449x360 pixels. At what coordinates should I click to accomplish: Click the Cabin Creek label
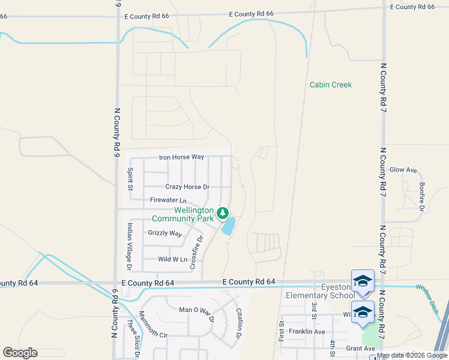pos(330,85)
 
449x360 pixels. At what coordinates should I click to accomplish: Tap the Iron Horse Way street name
pos(181,157)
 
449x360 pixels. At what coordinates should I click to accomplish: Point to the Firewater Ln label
pos(168,200)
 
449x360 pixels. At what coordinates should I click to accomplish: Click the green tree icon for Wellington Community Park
pos(223,212)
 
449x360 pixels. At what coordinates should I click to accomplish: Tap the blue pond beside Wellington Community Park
pos(228,226)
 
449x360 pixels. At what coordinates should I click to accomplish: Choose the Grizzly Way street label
pos(164,233)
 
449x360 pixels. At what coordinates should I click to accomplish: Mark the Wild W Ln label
pos(172,259)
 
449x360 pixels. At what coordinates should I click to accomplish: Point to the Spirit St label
pos(130,179)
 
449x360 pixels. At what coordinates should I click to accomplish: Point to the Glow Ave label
pos(403,170)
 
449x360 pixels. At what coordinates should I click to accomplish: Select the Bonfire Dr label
pos(422,196)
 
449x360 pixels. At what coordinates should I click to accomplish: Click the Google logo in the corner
pos(20,353)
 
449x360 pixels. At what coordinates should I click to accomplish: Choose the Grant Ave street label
pos(360,349)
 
